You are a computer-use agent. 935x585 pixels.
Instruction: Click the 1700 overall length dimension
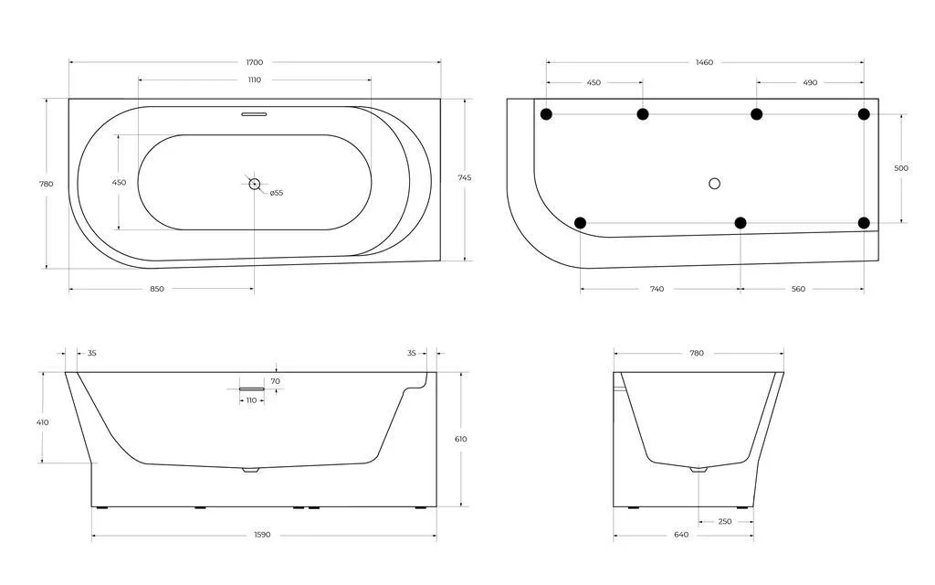tap(255, 62)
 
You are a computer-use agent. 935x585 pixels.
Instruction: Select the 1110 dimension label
tap(255, 80)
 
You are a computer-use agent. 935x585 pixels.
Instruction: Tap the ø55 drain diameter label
tap(276, 193)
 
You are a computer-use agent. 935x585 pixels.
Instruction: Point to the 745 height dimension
tap(465, 177)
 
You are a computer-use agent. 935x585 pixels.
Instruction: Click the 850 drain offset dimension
tap(157, 289)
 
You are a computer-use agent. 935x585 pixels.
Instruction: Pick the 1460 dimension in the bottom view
tap(704, 62)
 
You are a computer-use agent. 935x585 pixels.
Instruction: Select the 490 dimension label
tap(810, 82)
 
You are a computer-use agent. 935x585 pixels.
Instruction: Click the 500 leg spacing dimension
tap(901, 168)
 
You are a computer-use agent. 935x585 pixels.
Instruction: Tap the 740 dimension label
tap(657, 289)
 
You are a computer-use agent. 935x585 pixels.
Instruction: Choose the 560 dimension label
tap(798, 289)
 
